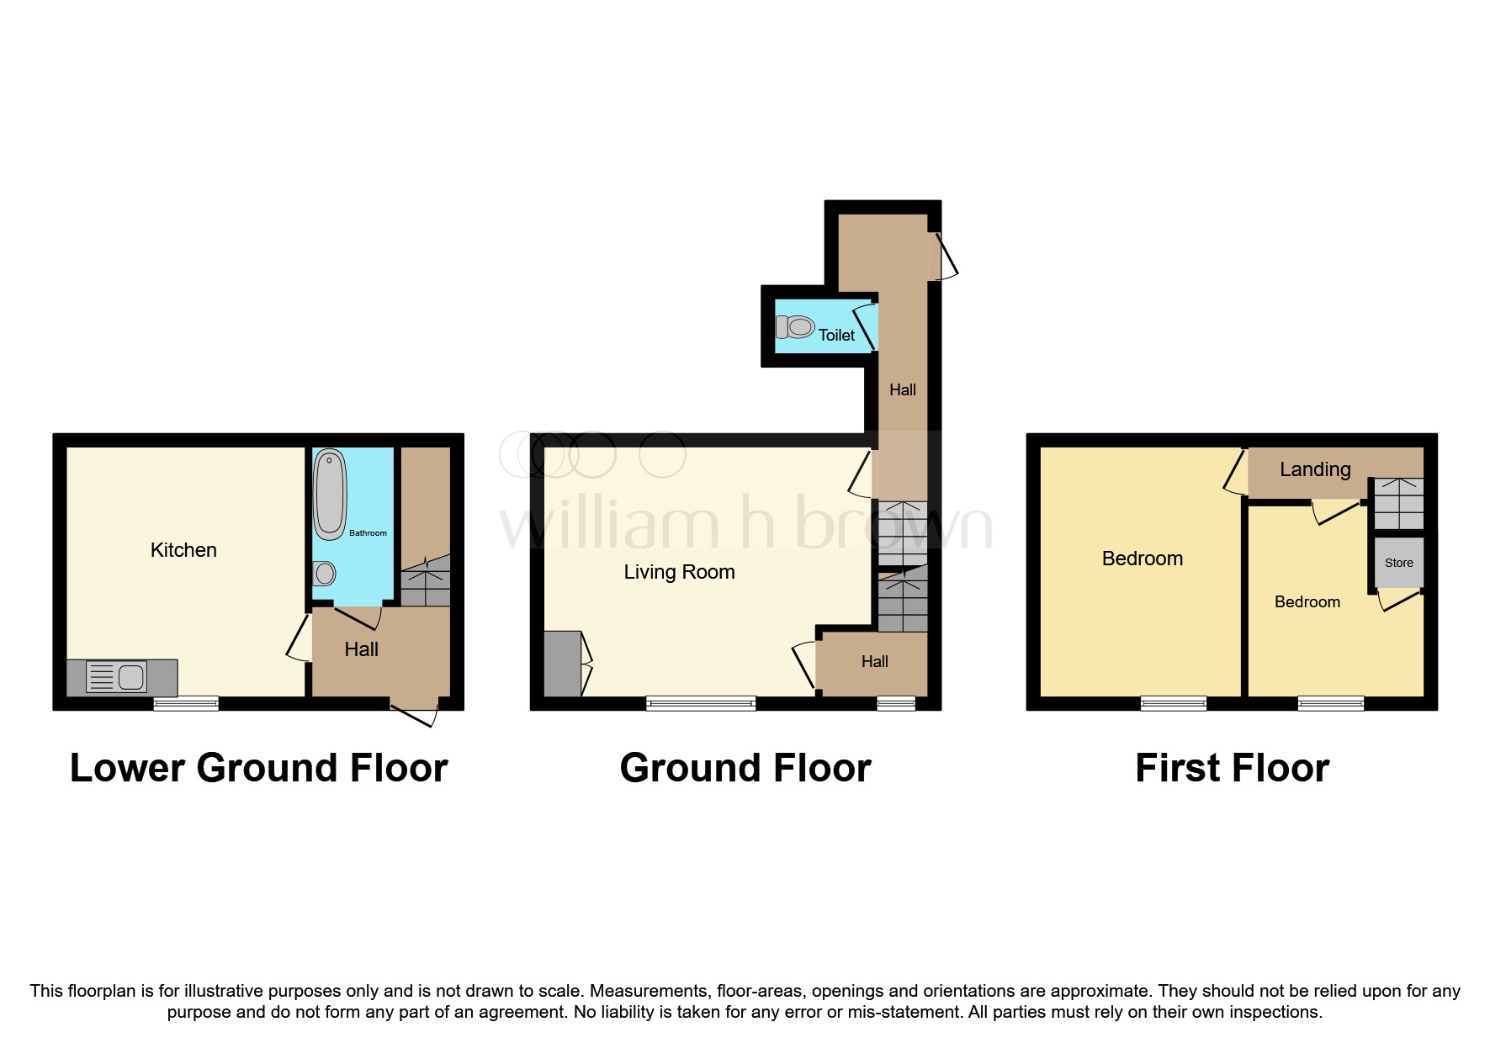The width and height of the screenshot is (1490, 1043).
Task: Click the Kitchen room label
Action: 183,550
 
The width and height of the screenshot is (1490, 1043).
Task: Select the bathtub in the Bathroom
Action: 330,494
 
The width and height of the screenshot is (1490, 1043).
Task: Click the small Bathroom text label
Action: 368,533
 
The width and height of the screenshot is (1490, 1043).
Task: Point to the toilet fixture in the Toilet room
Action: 795,326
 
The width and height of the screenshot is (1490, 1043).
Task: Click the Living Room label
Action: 679,572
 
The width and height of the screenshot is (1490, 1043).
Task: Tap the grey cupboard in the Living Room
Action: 562,664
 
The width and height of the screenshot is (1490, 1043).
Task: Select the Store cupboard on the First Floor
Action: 1398,563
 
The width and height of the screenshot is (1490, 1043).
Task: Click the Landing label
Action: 1315,469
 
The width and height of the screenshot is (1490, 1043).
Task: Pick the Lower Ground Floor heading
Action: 258,768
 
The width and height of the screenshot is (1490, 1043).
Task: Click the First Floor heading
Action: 1232,768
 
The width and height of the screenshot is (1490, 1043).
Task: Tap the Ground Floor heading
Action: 745,768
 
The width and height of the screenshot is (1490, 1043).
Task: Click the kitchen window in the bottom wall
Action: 186,703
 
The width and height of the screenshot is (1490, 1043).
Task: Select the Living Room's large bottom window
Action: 700,703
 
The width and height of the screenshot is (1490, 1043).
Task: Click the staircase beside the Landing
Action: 1398,503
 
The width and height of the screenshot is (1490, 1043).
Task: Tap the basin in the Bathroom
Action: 325,574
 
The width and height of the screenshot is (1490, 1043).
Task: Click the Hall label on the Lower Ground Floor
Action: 361,649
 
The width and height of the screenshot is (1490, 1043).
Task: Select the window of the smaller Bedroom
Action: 1330,703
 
